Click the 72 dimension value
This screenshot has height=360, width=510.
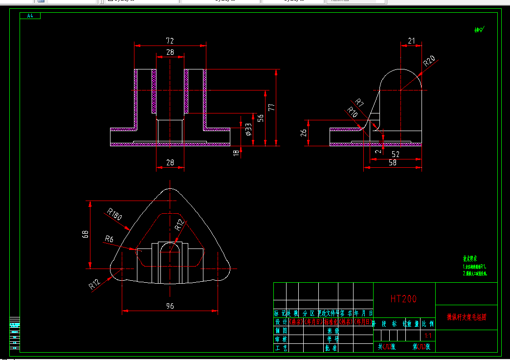click(x=170, y=41)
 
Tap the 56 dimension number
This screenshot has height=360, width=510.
click(x=261, y=118)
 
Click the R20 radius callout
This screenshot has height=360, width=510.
click(x=429, y=61)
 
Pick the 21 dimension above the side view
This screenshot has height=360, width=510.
click(x=411, y=41)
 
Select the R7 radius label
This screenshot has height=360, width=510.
click(x=359, y=103)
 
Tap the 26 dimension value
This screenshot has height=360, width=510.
click(x=304, y=133)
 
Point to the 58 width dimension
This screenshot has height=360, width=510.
click(x=393, y=162)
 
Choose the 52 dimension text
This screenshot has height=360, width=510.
click(x=395, y=154)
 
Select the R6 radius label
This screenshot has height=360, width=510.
click(x=109, y=239)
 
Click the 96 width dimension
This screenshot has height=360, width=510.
click(x=170, y=306)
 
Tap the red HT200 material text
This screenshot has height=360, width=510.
click(x=403, y=299)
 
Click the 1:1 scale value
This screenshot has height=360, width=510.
click(x=428, y=336)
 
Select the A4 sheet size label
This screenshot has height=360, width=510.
click(x=30, y=16)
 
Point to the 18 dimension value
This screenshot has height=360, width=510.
click(x=236, y=153)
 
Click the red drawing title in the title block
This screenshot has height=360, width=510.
click(x=466, y=317)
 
